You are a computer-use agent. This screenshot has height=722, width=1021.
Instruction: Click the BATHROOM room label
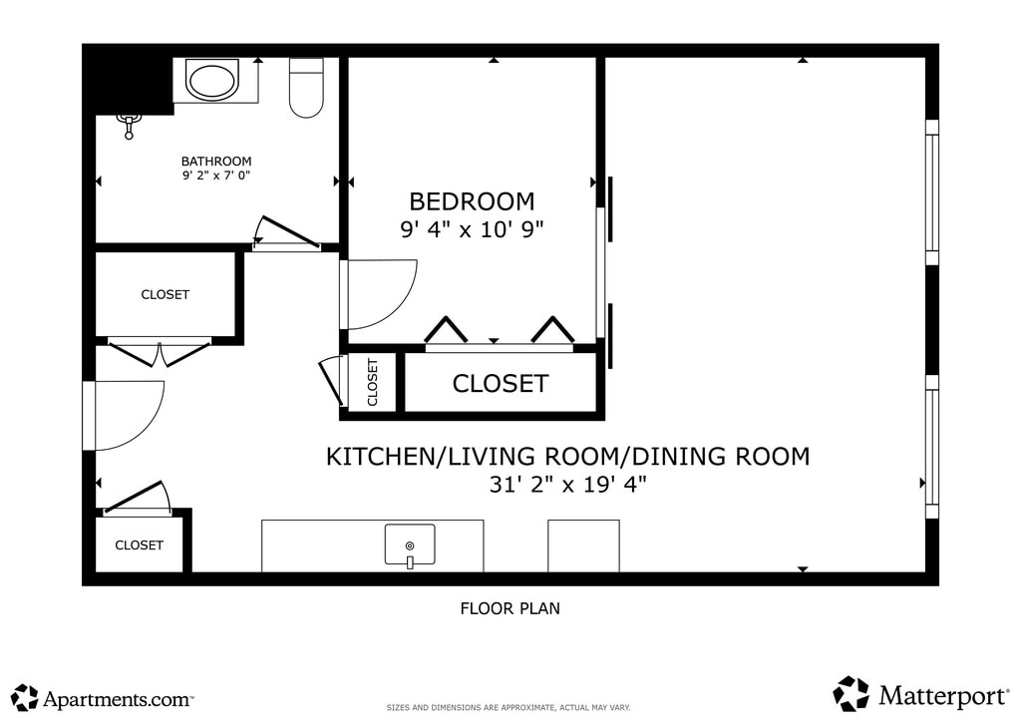pyautogui.click(x=216, y=161)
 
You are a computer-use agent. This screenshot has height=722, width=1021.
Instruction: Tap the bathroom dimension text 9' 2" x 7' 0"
pyautogui.click(x=216, y=176)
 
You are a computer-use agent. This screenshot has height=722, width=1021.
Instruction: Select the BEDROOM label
pyautogui.click(x=472, y=201)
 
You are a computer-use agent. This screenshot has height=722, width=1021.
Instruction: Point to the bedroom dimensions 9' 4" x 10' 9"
pyautogui.click(x=472, y=229)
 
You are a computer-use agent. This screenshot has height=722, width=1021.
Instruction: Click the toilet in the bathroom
pyautogui.click(x=306, y=88)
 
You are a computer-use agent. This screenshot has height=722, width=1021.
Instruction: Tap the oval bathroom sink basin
pyautogui.click(x=212, y=79)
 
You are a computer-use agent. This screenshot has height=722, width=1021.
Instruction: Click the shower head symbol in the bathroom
pyautogui.click(x=129, y=125)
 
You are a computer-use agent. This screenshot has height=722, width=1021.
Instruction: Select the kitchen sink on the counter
pyautogui.click(x=410, y=545)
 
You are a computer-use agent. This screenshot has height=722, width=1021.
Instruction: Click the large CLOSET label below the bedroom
pyautogui.click(x=501, y=384)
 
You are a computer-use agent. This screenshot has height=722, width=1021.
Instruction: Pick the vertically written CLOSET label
pyautogui.click(x=373, y=382)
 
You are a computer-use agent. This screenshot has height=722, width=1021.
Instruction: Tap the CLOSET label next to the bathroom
pyautogui.click(x=166, y=294)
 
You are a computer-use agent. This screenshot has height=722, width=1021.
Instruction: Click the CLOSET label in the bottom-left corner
pyautogui.click(x=140, y=544)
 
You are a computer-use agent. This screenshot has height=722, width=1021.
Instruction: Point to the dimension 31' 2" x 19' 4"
pyautogui.click(x=567, y=485)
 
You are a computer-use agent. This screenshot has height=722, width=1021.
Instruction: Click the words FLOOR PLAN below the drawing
pyautogui.click(x=510, y=608)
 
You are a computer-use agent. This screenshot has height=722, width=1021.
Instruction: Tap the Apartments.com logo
pyautogui.click(x=103, y=697)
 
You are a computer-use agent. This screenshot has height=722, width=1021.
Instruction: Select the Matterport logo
pyautogui.click(x=920, y=694)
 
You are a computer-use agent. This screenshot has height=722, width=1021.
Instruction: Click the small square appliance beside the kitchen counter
pyautogui.click(x=583, y=545)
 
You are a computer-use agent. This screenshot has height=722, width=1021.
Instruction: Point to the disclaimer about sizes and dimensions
pyautogui.click(x=509, y=707)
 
